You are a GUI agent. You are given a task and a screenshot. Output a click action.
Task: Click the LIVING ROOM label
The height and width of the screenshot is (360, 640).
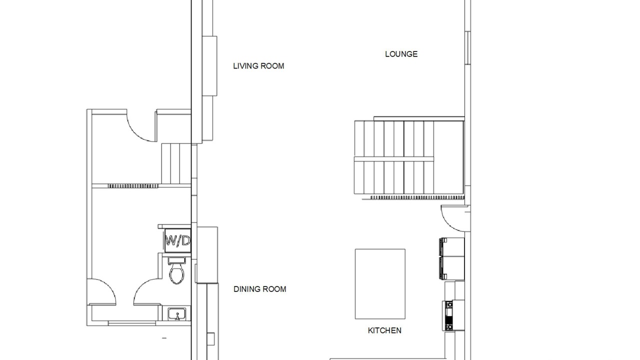click(x=258, y=66)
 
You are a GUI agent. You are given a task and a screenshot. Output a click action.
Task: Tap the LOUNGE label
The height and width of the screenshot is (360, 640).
click(x=401, y=54)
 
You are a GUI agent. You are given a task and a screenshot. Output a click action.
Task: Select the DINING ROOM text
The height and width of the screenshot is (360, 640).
click(x=259, y=289)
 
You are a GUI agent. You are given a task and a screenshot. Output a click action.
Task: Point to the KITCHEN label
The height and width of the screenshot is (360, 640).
click(x=384, y=330)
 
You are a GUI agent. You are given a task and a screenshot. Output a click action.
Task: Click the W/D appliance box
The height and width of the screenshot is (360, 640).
click(x=177, y=240)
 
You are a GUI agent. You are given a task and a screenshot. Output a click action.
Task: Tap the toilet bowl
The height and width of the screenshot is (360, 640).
click(x=176, y=273)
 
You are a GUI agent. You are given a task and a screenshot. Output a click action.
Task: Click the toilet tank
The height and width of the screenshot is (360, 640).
click(x=176, y=260)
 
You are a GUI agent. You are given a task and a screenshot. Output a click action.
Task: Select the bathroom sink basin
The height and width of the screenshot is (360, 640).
click(x=176, y=314)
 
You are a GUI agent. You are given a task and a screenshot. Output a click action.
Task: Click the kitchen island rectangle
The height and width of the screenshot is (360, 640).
click(x=380, y=284)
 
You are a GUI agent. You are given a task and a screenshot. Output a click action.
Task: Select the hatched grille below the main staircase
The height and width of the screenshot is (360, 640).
click(x=417, y=197)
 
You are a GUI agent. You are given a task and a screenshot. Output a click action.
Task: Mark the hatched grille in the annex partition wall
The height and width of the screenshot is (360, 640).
click(x=133, y=186)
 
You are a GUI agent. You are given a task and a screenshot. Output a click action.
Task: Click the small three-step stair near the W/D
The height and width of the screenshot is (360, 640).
click(x=176, y=163)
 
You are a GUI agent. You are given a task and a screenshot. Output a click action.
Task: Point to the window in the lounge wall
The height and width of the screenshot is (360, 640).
click(x=467, y=48)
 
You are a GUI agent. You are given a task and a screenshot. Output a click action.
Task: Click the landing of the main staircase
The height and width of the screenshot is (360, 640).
click(x=448, y=157)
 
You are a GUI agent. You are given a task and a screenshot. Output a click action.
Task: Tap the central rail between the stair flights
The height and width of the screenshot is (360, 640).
click(x=394, y=159)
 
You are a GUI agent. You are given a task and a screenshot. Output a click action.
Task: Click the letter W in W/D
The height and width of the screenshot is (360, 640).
click(x=171, y=240)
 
